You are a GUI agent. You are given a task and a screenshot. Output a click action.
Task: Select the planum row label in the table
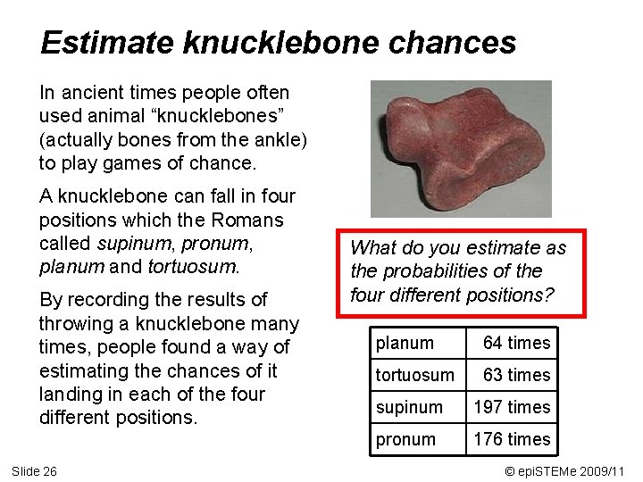coord(405,343)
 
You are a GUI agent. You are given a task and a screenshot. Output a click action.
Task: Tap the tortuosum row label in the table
coord(414,375)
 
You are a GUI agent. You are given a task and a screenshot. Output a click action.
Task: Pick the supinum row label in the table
coord(409,407)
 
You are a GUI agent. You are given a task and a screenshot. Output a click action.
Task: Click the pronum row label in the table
coord(405,439)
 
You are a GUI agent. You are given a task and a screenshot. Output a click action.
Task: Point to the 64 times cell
coord(516,343)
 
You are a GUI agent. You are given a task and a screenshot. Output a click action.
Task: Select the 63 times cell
coord(516,375)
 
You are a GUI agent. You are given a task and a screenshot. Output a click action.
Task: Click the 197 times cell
coord(512,407)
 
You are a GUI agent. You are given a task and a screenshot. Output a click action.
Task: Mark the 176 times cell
coord(512,439)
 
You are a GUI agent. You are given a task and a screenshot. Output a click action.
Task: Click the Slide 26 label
coord(34,470)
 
